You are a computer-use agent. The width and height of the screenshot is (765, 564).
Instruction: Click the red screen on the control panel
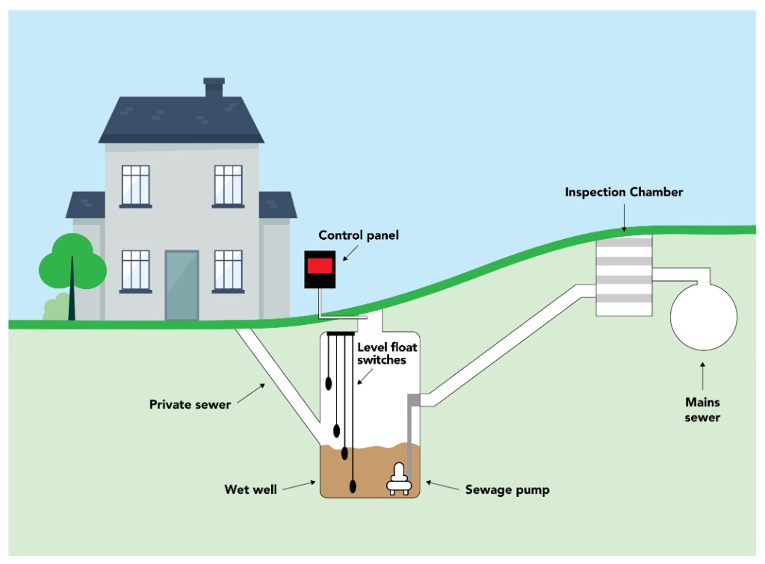point(320,264)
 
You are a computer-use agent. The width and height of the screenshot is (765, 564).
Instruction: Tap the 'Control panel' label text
point(359,235)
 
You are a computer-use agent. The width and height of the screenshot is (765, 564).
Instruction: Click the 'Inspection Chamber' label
point(624,192)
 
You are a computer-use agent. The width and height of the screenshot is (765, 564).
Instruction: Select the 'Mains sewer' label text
point(702,409)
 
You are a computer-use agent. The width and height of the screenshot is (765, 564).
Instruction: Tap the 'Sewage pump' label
point(507,490)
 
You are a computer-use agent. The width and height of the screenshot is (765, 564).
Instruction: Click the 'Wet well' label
point(251,490)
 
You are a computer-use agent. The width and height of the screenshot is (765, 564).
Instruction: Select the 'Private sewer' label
point(190,404)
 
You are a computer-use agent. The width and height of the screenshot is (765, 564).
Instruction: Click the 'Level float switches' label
point(382,353)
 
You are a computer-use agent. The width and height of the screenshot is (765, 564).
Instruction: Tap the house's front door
point(182,285)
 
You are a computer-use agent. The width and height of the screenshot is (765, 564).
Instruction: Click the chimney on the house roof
point(214,87)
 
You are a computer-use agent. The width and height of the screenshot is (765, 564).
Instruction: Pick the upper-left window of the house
point(136,185)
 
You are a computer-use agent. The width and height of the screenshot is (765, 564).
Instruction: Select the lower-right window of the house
point(228,270)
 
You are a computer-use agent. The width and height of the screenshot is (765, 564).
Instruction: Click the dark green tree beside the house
point(72,261)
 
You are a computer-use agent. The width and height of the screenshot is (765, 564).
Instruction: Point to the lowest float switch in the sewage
point(353,487)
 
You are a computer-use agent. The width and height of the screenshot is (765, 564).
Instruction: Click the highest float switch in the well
point(329,383)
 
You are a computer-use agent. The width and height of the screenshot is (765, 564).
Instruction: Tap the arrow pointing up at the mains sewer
point(702,374)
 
